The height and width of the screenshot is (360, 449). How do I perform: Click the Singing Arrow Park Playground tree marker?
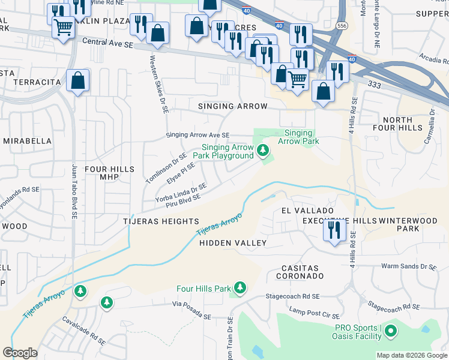pyautogui.click(x=263, y=150)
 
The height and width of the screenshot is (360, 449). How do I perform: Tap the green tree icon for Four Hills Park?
pyautogui.click(x=240, y=289)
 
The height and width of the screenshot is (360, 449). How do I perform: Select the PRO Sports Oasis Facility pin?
pyautogui.click(x=391, y=331)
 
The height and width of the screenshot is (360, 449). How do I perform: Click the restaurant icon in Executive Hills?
pyautogui.click(x=334, y=230)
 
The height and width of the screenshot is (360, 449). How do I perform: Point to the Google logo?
pyautogui.click(x=20, y=352)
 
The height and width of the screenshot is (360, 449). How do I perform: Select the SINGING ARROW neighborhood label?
pyautogui.click(x=233, y=106)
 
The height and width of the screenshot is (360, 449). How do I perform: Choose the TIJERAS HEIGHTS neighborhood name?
pyautogui.click(x=165, y=221)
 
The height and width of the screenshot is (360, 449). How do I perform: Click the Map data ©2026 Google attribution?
pyautogui.click(x=411, y=355)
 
